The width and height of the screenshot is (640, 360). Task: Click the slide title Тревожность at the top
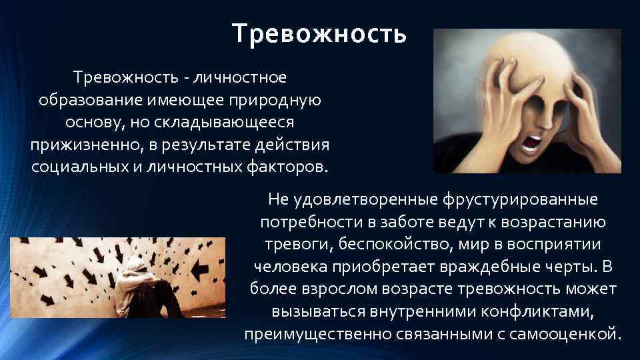319,33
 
